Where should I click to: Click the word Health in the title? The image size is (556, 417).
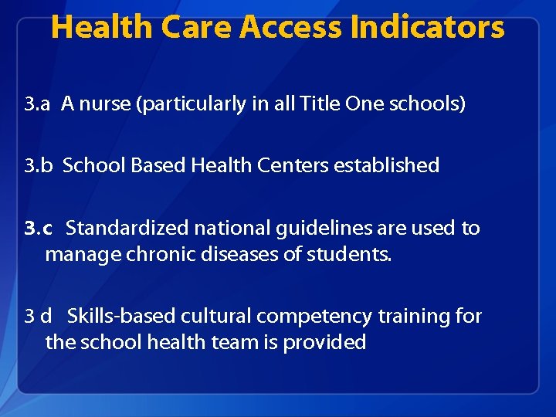101,28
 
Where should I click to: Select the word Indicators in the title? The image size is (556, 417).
427,28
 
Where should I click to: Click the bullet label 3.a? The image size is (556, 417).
37,104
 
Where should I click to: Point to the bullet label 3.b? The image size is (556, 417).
38,165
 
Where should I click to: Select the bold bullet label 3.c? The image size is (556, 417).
38,229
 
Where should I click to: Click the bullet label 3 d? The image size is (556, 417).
38,317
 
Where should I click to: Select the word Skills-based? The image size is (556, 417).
121,317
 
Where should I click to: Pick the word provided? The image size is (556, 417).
324,342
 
